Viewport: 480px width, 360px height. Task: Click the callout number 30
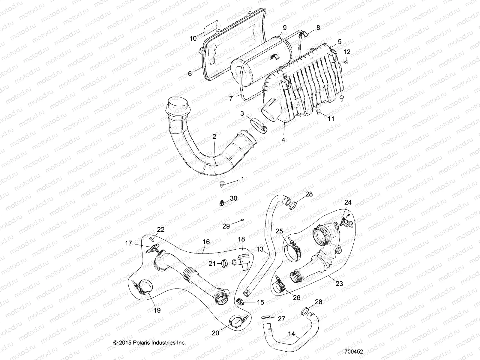233,198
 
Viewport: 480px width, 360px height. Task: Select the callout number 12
346,52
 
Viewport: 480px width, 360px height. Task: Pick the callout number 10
193,38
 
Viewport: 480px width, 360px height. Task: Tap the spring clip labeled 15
240,301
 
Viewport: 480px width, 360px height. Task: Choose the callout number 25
279,231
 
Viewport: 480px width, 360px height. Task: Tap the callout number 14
292,334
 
